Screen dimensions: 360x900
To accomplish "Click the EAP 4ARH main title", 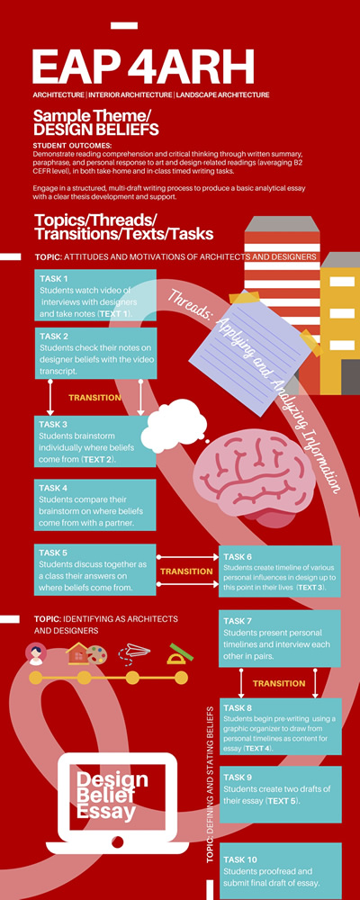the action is pos(143,67).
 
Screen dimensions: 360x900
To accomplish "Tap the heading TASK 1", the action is pos(53,278).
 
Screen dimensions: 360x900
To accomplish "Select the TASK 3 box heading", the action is pos(53,425).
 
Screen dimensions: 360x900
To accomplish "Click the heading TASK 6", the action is pos(238,557).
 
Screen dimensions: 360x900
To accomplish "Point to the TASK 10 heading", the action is pos(240,859).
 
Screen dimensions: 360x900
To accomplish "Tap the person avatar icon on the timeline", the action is pos(36,653).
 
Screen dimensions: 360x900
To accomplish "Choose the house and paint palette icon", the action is pos(86,653).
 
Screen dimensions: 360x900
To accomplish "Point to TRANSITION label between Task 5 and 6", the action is pos(186,571).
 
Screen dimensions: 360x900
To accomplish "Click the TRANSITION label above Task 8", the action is pos(279,683).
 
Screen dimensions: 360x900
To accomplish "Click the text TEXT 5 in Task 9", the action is pos(282,801).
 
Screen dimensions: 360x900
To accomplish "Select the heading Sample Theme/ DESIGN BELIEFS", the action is pos(96,122).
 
